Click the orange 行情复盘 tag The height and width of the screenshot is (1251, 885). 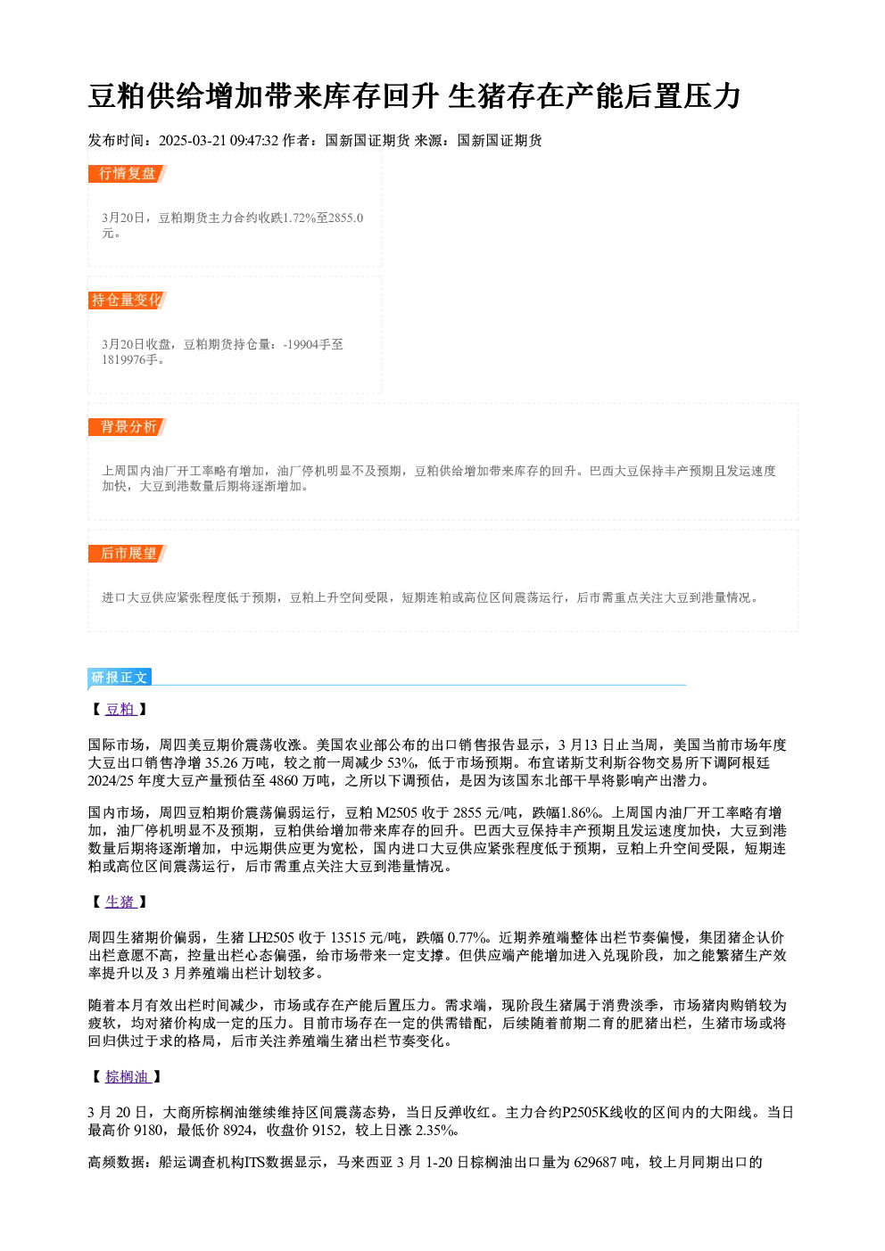click(x=128, y=174)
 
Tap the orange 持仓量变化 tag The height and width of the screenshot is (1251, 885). click(x=128, y=300)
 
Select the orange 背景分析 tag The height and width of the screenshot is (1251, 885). click(x=128, y=427)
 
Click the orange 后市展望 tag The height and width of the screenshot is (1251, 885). click(x=128, y=554)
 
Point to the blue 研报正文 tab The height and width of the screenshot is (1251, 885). click(x=120, y=678)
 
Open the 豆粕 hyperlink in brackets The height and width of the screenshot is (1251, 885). click(x=120, y=709)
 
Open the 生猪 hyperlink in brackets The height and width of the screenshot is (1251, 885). click(x=120, y=902)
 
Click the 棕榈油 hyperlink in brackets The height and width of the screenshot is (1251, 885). click(x=128, y=1077)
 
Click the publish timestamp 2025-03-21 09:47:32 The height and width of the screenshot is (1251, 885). click(x=219, y=140)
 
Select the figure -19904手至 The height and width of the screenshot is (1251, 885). click(x=313, y=344)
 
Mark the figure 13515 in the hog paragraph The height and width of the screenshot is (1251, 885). click(x=348, y=938)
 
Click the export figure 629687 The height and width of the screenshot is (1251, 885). click(x=596, y=1162)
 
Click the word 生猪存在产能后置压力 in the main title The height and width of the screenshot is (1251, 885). click(x=594, y=96)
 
